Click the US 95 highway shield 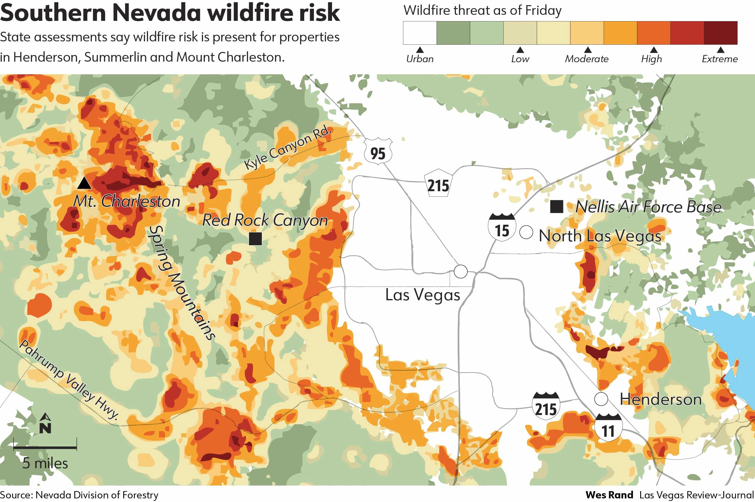[378, 151]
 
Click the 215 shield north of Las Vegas [438, 183]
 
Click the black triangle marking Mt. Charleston [84, 183]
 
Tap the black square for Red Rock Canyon [255, 239]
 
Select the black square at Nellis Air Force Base [557, 207]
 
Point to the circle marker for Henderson [601, 399]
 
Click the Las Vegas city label [422, 295]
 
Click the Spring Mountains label [182, 282]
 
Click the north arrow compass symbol [45, 423]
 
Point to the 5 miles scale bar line [45, 447]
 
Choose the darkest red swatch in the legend [721, 33]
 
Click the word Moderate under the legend [587, 59]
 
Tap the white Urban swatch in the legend [420, 33]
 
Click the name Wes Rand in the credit [609, 495]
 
